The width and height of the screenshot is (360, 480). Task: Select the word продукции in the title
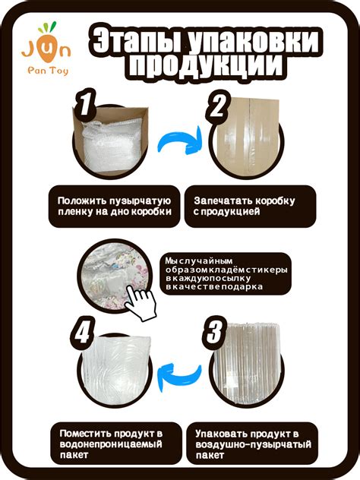click(x=210, y=69)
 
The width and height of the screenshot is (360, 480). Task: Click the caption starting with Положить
click(x=114, y=206)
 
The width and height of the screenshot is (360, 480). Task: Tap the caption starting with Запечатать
click(x=244, y=206)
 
